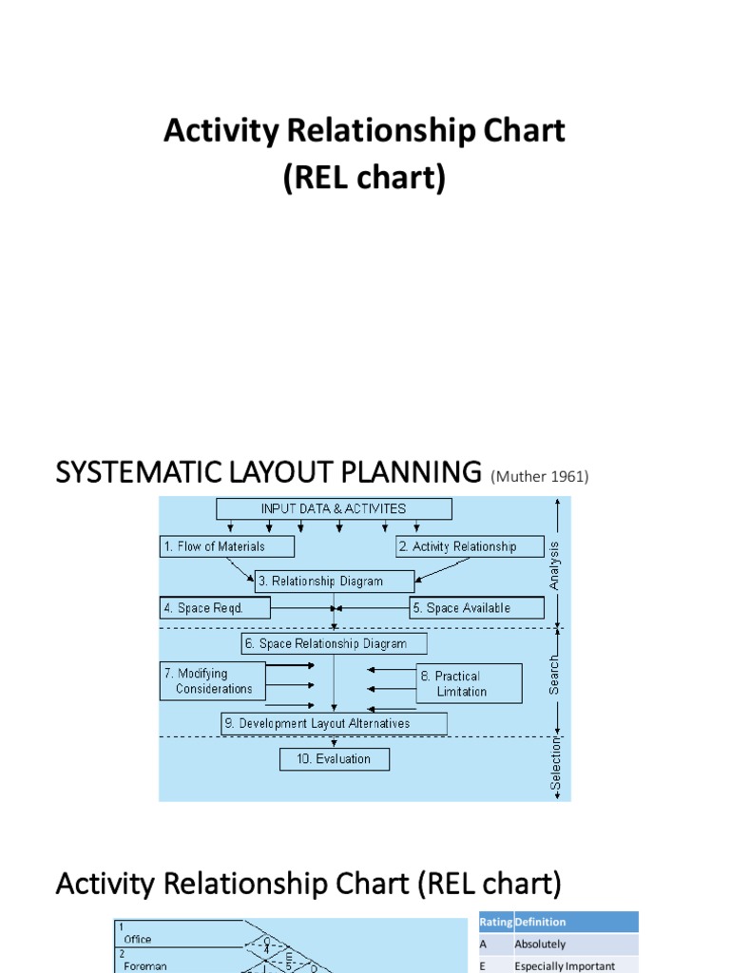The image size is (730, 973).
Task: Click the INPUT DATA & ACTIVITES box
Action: [334, 508]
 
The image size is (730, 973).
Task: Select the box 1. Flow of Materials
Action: [226, 546]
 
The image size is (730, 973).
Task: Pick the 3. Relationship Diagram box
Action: [334, 582]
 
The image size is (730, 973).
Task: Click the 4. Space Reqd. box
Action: [215, 608]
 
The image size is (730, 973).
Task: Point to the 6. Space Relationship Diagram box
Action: [334, 643]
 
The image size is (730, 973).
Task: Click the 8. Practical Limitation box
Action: [469, 683]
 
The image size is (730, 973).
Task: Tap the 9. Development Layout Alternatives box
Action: [334, 723]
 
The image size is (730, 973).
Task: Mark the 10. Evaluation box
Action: [334, 759]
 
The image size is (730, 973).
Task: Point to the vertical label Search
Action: [555, 674]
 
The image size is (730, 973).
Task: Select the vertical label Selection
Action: [557, 766]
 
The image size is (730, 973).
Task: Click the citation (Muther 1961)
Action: [540, 477]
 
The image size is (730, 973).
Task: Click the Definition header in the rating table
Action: [540, 922]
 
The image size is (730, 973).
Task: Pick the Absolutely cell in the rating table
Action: [540, 944]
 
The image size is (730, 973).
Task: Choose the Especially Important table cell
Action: [565, 966]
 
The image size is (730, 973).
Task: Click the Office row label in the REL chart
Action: [138, 939]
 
